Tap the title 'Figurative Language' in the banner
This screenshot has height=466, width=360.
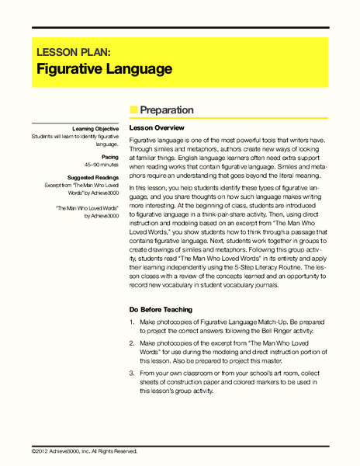(105, 69)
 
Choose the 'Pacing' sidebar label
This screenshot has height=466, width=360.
(108, 157)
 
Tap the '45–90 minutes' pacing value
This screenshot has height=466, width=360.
(100, 165)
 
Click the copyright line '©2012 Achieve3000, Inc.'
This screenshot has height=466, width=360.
(85, 451)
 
